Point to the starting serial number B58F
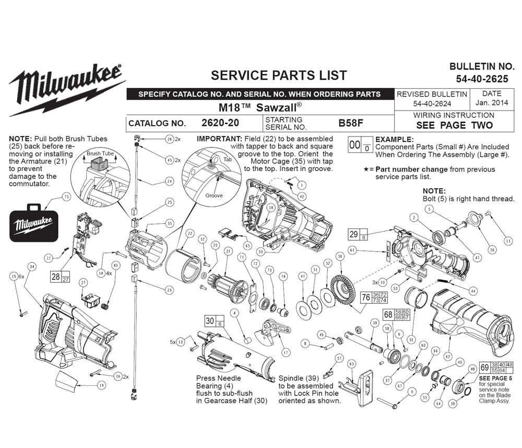pos(351,123)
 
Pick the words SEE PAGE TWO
pos(454,125)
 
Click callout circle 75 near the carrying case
pos(66,197)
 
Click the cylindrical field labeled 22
pos(182,266)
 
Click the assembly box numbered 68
pos(388,314)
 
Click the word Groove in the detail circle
pos(213,196)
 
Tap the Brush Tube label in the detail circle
pos(100,154)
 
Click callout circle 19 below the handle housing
pos(101,385)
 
